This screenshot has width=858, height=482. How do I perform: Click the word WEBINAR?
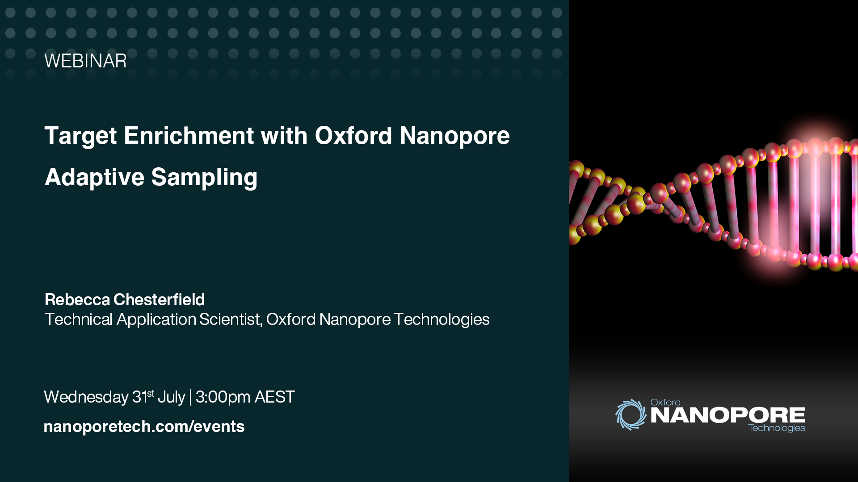[85, 61]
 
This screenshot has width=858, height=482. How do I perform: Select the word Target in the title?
[81, 136]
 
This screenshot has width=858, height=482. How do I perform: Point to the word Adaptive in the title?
[94, 178]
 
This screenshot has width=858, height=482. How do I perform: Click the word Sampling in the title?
[204, 178]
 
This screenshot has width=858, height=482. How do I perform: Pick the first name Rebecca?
[77, 299]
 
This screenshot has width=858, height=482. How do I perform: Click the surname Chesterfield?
[159, 299]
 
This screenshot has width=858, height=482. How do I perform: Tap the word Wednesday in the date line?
[86, 397]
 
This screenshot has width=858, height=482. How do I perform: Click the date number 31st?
[143, 396]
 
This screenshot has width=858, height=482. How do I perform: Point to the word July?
[171, 397]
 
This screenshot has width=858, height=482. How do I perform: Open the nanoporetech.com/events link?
[144, 427]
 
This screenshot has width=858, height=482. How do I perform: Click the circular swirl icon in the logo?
[631, 415]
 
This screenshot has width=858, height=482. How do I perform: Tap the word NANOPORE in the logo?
[728, 415]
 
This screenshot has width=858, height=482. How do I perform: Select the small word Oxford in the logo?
[665, 402]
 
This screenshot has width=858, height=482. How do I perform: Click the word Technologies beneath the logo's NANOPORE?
[777, 428]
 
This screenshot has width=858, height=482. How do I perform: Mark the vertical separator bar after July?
[190, 397]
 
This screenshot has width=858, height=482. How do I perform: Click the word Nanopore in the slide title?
[455, 136]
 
